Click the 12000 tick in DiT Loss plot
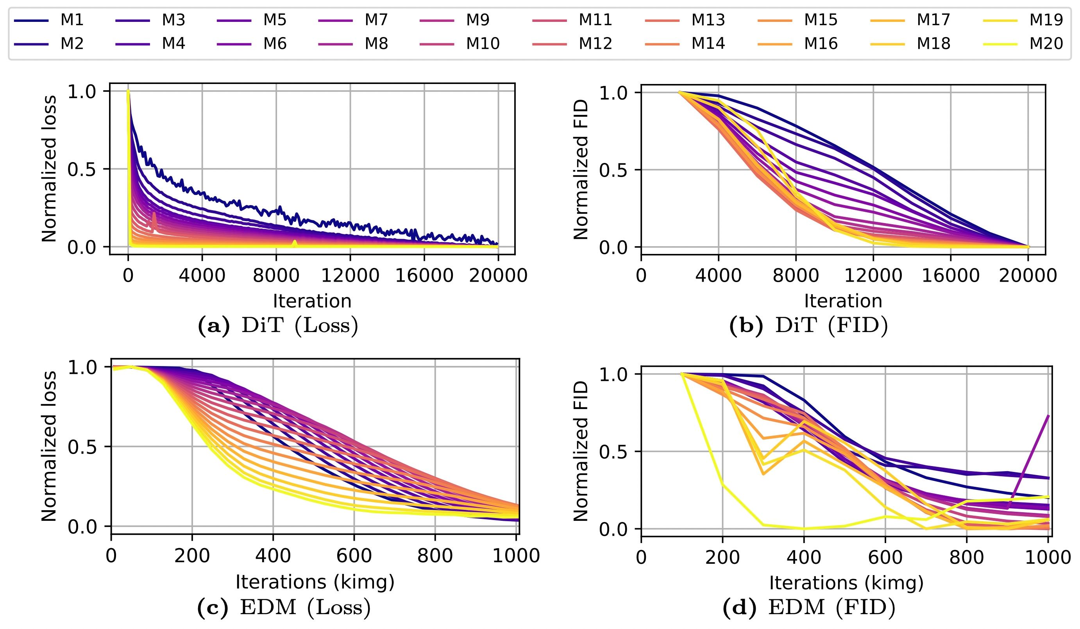pyautogui.click(x=350, y=275)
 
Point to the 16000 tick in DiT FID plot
pyautogui.click(x=951, y=275)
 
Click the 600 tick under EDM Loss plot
pyautogui.click(x=354, y=556)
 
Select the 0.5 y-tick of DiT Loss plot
pyautogui.click(x=81, y=169)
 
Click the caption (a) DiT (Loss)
pyautogui.click(x=278, y=327)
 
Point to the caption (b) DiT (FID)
pyautogui.click(x=808, y=327)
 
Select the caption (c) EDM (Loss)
pyautogui.click(x=283, y=608)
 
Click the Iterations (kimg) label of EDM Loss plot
pyautogui.click(x=315, y=582)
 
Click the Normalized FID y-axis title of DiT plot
pyautogui.click(x=581, y=169)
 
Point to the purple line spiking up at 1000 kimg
pyautogui.click(x=1037, y=454)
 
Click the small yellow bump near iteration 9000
pyautogui.click(x=295, y=243)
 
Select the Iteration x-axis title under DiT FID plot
pyautogui.click(x=843, y=301)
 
